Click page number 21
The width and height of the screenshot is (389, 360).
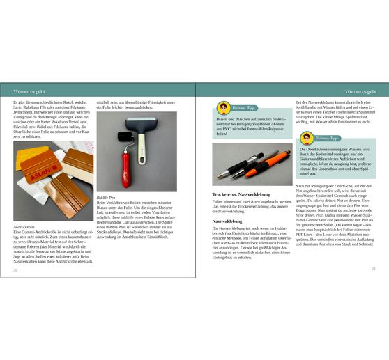374,268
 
